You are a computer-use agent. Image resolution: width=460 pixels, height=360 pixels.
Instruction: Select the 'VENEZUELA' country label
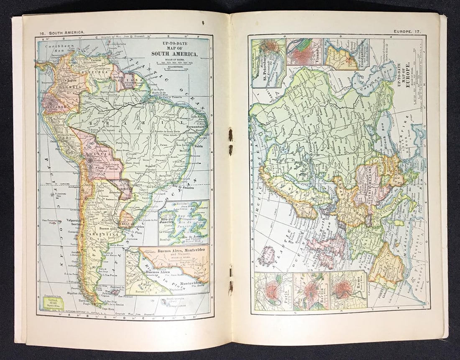101,71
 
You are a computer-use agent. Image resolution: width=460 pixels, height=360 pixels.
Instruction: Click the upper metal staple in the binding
230,135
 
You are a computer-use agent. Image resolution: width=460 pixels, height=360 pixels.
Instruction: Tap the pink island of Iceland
266,256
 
